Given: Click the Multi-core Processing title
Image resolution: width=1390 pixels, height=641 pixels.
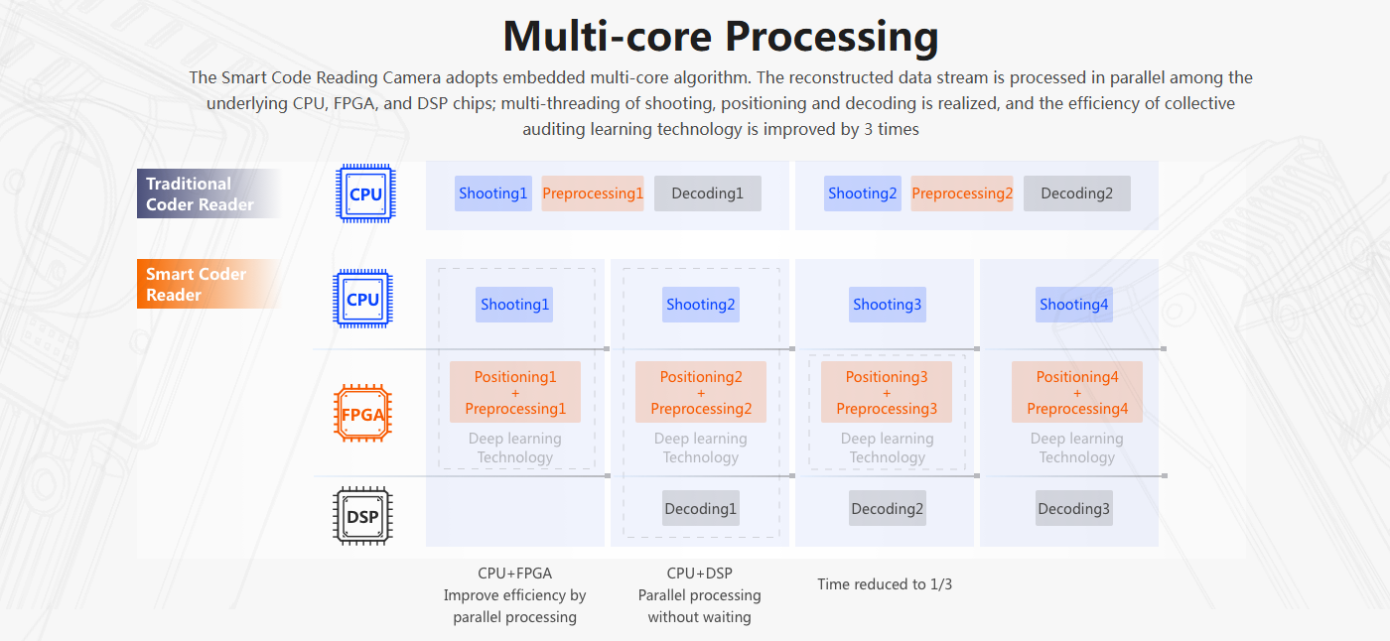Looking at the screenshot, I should coord(721,37).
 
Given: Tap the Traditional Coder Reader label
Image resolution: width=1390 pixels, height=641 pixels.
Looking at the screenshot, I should coord(199,193).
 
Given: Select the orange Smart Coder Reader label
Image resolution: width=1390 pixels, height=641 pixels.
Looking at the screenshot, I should coord(197,284).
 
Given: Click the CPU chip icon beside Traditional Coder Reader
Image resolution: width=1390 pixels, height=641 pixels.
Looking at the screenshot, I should coord(365,193).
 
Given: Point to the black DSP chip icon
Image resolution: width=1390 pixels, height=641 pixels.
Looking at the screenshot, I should coord(362,516).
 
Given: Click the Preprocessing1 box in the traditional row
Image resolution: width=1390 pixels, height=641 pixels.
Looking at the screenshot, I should coord(593,193).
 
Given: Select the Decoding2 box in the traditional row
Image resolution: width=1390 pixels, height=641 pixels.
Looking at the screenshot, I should coord(1076,193).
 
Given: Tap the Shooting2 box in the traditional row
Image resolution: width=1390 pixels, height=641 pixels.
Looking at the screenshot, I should coord(862,193).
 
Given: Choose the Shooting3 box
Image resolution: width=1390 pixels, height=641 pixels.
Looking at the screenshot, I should coord(887,305).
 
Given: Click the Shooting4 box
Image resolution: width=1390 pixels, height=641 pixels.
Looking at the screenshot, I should coord(1073,305).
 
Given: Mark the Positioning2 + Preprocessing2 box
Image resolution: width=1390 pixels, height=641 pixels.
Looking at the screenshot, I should coord(701,392).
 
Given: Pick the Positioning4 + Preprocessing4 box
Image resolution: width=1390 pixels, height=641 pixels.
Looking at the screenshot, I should coord(1077,392).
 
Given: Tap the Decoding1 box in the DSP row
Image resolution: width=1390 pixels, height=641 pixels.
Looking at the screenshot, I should coord(701,509).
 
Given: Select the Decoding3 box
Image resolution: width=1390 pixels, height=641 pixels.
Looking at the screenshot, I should coord(1073,509).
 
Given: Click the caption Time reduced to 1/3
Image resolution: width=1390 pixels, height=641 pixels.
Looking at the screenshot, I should coord(885,583).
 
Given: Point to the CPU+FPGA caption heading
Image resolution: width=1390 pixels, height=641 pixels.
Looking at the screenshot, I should coord(514,573).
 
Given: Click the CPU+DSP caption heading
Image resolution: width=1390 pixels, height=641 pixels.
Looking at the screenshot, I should coord(699,573).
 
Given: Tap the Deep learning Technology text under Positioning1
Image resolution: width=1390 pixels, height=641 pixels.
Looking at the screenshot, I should coord(514,448).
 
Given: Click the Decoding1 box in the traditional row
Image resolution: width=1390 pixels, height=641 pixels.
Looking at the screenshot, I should coord(707,193).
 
